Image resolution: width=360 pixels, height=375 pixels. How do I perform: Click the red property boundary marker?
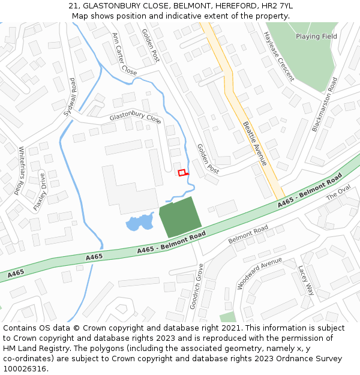pyautogui.click(x=182, y=173)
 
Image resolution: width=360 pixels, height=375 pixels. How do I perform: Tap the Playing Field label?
pyautogui.click(x=316, y=37)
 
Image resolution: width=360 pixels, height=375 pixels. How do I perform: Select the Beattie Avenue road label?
pyautogui.click(x=255, y=143)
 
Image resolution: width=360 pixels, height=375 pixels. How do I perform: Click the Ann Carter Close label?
pyautogui.click(x=124, y=53)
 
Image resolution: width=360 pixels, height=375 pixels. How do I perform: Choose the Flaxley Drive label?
pyautogui.click(x=40, y=192)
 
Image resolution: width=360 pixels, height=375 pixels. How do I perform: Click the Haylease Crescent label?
pyautogui.click(x=278, y=56)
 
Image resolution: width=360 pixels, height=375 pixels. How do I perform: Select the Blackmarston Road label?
pyautogui.click(x=325, y=104)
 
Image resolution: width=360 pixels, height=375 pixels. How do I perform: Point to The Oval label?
pyautogui.click(x=337, y=193)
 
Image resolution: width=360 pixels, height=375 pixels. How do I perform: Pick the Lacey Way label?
pyautogui.click(x=306, y=280)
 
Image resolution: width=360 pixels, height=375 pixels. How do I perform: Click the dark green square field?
pyautogui.click(x=179, y=217)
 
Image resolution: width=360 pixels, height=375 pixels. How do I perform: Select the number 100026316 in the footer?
pyautogui.click(x=25, y=369)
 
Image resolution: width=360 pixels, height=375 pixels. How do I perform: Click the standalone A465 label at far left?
pyautogui.click(x=16, y=273)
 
